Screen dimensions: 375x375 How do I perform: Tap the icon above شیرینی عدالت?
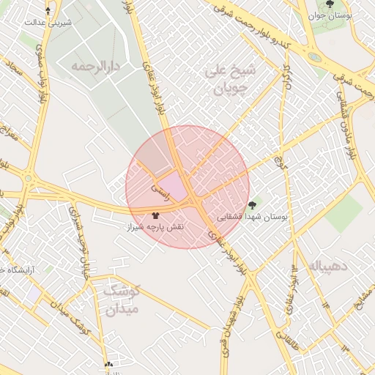pos(48,11)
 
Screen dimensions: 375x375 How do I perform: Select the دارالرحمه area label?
pos(94,67)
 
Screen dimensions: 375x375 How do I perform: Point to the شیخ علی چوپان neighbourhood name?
pos(231,81)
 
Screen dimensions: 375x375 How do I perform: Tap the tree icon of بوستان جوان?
pos(329,4)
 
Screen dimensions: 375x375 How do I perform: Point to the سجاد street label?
pos(14,72)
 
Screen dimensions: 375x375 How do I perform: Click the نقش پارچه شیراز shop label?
pos(155,228)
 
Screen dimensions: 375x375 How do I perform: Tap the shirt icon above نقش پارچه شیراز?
pos(155,215)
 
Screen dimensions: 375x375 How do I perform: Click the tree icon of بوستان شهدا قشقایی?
pos(253,205)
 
